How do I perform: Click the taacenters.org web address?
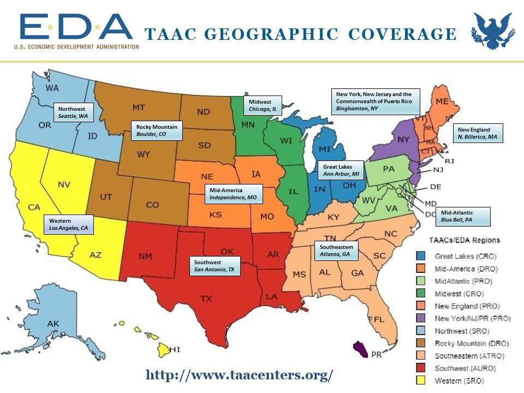239,375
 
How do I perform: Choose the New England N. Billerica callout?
478,133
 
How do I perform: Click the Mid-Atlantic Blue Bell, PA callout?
463,216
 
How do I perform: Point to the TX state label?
206,299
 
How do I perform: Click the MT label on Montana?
138,107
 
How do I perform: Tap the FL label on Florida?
379,319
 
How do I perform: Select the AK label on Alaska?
53,324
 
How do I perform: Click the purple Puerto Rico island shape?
361,347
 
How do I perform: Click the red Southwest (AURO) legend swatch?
421,368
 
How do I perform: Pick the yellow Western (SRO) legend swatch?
421,380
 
